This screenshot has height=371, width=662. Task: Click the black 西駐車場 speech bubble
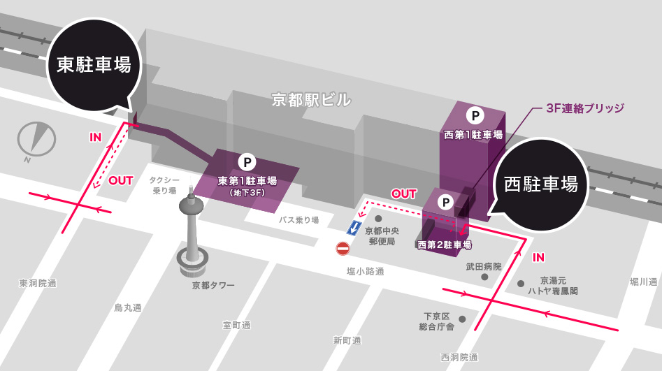coord(540,184)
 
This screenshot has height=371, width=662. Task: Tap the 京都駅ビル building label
coord(311,100)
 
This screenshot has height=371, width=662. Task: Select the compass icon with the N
coord(36,138)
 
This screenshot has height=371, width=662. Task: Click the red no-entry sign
coord(343,248)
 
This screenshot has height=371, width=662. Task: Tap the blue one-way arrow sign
coord(355,227)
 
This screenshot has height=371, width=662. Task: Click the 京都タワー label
coord(213,285)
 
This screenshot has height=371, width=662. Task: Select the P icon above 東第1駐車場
coord(246,162)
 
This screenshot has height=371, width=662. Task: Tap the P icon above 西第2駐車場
coord(445,203)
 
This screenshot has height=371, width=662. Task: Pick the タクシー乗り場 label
coord(164,185)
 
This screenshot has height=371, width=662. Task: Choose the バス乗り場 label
coord(298,220)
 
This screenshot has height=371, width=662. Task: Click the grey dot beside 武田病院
coord(484,277)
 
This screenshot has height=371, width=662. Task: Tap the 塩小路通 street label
coord(365,272)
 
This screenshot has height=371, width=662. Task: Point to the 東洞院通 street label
coord(38,283)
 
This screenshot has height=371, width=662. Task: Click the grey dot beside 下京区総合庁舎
coord(462,319)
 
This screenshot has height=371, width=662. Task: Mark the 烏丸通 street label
coord(128,307)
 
